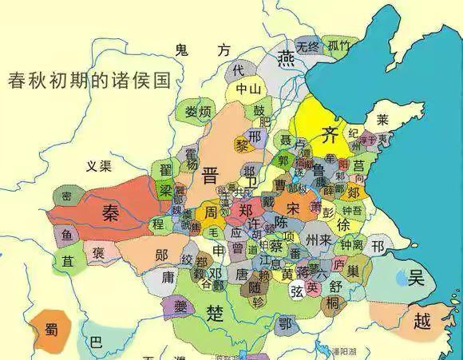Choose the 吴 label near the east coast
pyautogui.click(x=416, y=278)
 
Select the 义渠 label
pyautogui.click(x=100, y=165)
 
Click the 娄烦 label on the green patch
pyautogui.click(x=197, y=111)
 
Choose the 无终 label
pyautogui.click(x=307, y=47)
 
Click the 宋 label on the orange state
pyautogui.click(x=294, y=208)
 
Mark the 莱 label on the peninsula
pyautogui.click(x=382, y=121)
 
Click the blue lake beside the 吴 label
pyautogui.click(x=400, y=278)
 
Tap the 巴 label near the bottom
pyautogui.click(x=96, y=342)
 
